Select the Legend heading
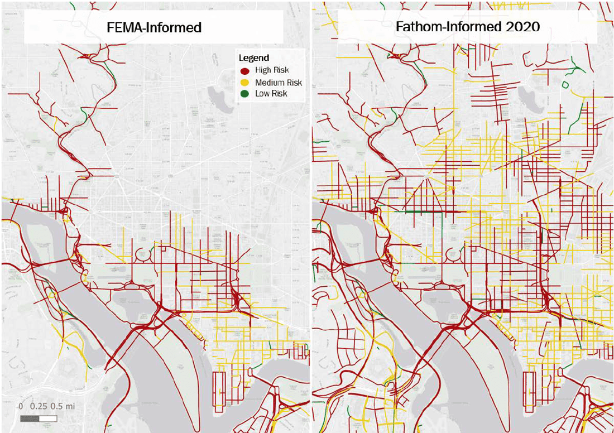254,58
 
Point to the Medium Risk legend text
278,82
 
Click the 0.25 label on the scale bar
39,406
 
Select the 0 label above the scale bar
21,406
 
